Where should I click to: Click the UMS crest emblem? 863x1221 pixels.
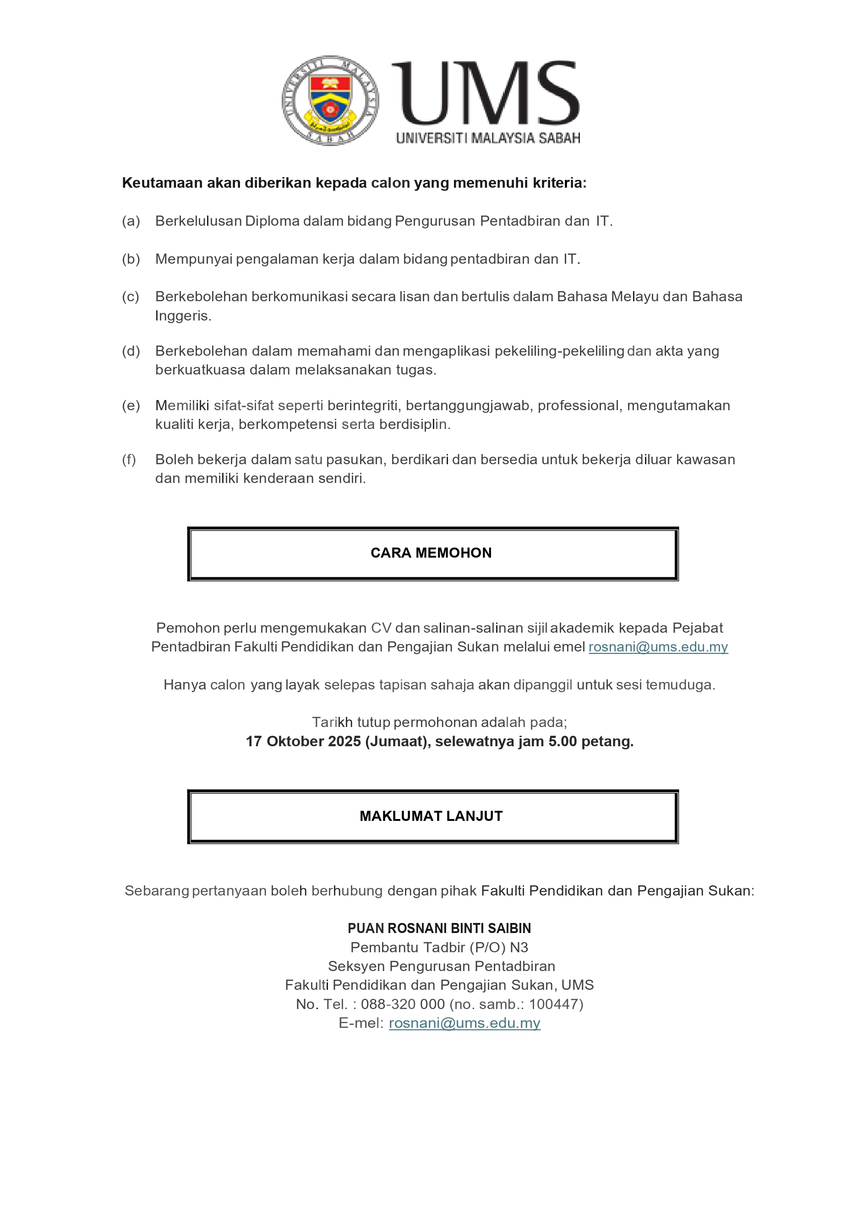point(330,101)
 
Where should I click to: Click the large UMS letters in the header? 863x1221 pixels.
point(485,93)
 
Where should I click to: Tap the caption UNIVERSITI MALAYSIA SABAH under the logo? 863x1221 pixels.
point(488,138)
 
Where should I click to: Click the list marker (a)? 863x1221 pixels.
point(131,221)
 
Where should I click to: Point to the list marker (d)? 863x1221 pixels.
point(131,351)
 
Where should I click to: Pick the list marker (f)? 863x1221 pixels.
point(129,460)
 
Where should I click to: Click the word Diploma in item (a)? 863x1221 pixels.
point(272,221)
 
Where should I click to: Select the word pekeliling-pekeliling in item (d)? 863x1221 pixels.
point(559,351)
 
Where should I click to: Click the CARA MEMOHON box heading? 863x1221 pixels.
point(431,553)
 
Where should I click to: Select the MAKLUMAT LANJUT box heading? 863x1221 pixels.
point(431,816)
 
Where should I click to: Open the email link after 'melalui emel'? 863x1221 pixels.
point(658,647)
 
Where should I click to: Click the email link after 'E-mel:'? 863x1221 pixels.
point(464,1023)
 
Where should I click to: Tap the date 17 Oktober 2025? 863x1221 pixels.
point(303,741)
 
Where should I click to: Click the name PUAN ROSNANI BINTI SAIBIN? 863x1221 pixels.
point(439,928)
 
